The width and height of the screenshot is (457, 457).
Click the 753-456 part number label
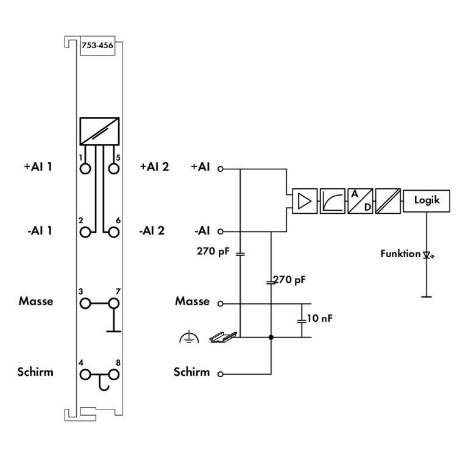(x=97, y=46)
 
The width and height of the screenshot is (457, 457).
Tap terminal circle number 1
(x=85, y=169)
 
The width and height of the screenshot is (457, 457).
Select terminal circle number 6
(x=114, y=232)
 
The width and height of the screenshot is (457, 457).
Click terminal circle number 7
(x=114, y=303)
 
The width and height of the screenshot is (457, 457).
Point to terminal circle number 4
(x=85, y=375)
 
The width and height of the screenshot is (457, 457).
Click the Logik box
(x=427, y=201)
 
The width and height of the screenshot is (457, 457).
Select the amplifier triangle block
(x=305, y=201)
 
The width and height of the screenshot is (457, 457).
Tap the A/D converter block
(x=360, y=201)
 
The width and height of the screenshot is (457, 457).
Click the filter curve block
(x=333, y=201)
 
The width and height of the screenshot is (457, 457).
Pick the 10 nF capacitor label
(x=319, y=318)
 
